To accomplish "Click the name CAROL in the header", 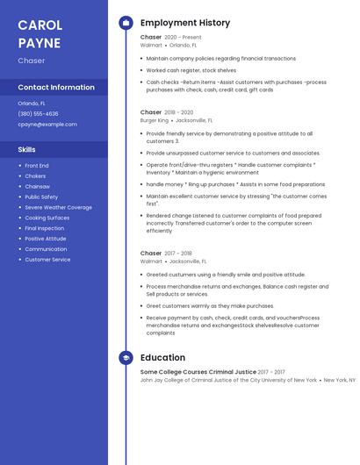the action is [40, 25].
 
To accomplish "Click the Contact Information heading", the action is [56, 87].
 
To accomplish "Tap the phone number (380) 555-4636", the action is [38, 113].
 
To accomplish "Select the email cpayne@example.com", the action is [47, 124].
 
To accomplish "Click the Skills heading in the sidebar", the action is [27, 149].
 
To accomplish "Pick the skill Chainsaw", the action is [37, 186].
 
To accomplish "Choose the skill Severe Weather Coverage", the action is [58, 207].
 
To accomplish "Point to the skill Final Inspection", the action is [44, 228].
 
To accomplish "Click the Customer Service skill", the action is [47, 260].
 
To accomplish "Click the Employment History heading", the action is [185, 23].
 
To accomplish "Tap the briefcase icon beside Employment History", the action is [125, 23].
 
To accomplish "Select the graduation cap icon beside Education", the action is [125, 358].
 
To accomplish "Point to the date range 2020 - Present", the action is [183, 38].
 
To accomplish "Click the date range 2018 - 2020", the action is [179, 112].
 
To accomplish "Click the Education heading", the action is [162, 358].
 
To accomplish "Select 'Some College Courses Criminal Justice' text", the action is [198, 372].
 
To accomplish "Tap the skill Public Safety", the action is [41, 197].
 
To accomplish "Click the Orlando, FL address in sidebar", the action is [32, 103].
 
